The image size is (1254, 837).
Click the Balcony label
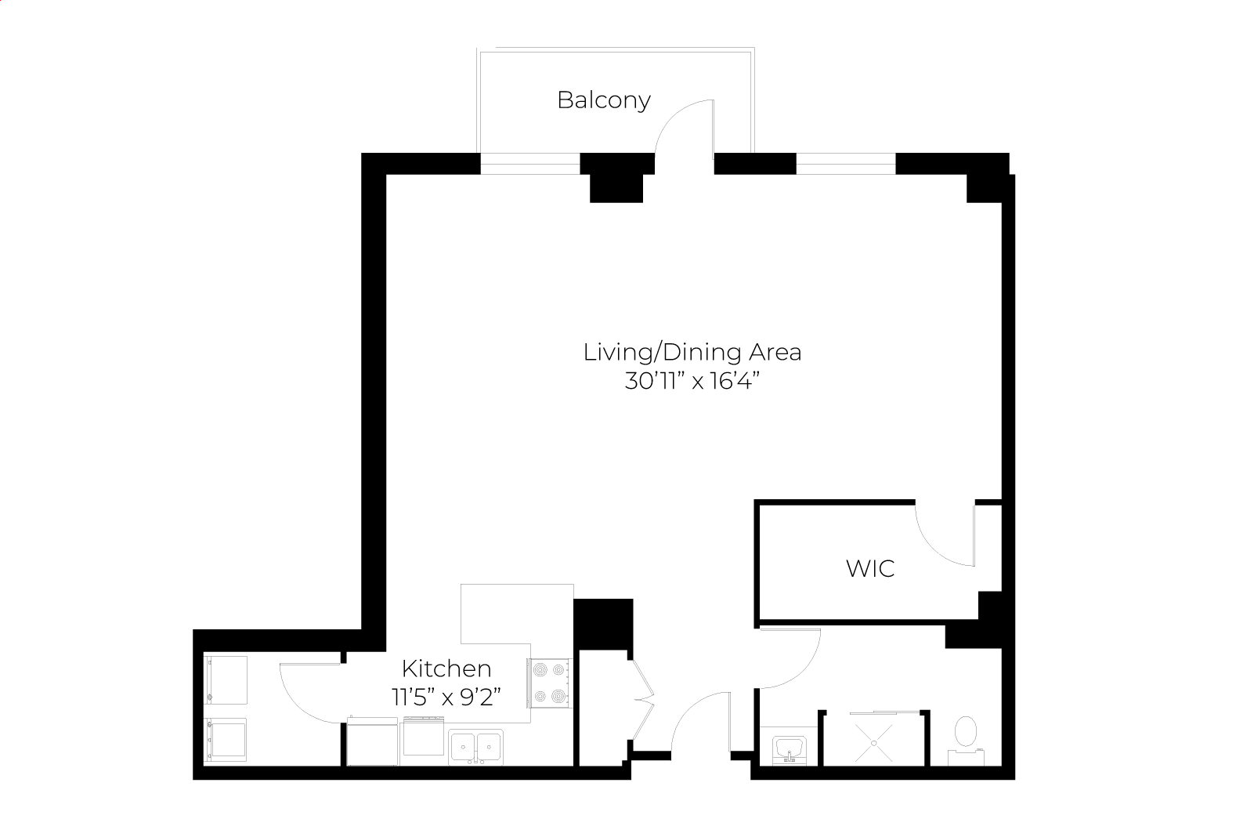(603, 101)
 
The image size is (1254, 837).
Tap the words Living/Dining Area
(692, 353)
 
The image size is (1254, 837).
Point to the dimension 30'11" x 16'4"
(692, 382)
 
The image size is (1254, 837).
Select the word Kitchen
(446, 669)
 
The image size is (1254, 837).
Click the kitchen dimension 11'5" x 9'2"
(446, 697)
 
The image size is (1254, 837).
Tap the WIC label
(870, 569)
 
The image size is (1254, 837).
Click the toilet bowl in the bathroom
(966, 732)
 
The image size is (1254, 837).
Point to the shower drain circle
(874, 744)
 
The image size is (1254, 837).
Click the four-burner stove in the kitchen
(549, 683)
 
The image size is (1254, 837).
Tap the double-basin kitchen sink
(476, 747)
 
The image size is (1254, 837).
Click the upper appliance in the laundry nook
(226, 680)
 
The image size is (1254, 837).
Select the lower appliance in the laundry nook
(226, 740)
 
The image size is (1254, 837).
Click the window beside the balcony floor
(529, 164)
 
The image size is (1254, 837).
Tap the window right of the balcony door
(846, 164)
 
